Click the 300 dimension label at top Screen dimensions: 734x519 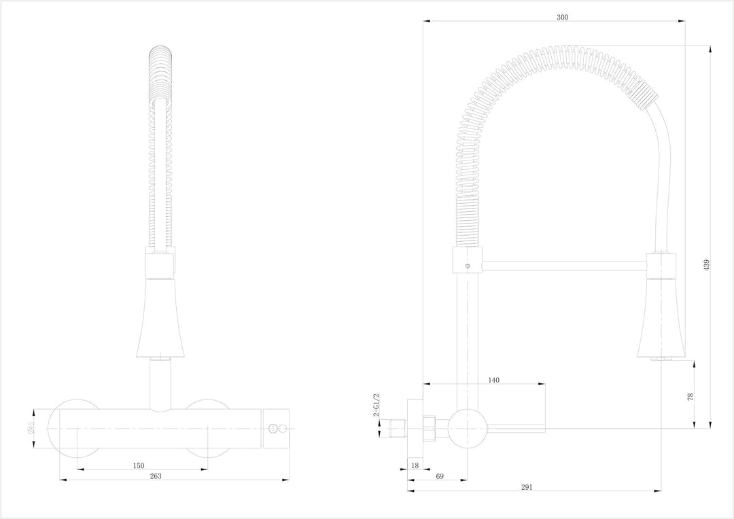click(562, 17)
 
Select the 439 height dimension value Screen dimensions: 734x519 click(706, 265)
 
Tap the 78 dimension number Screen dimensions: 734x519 click(690, 397)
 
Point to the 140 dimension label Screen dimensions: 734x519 click(493, 380)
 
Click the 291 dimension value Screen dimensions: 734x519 click(527, 487)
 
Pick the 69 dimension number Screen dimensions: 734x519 click(440, 476)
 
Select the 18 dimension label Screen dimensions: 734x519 click(415, 465)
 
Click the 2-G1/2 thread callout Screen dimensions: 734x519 click(377, 405)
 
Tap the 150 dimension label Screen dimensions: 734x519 click(139, 465)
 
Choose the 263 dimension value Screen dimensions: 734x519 click(156, 476)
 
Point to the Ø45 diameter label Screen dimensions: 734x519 click(31, 428)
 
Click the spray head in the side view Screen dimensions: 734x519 click(661, 319)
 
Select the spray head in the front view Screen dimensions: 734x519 click(160, 318)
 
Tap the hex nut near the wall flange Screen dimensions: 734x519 click(430, 428)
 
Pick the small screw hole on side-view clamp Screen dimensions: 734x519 click(467, 266)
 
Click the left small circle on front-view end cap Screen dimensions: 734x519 click(271, 428)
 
